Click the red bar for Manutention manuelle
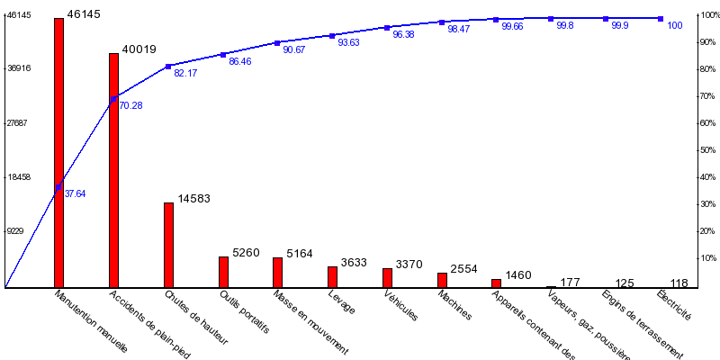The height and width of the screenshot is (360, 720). (58, 153)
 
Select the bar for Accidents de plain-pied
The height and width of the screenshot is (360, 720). (113, 170)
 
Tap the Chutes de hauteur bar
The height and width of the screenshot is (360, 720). (168, 245)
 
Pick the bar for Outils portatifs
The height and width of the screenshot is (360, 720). (223, 272)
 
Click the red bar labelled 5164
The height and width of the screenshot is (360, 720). (277, 273)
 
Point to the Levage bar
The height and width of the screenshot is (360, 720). (332, 277)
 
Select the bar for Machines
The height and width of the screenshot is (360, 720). (442, 280)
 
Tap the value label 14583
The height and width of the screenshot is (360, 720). (193, 199)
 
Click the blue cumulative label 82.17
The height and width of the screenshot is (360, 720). (185, 74)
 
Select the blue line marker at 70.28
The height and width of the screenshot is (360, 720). (113, 99)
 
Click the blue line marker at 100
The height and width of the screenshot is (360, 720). (661, 18)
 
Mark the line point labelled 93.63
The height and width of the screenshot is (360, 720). (332, 35)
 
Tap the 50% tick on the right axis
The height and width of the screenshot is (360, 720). (707, 150)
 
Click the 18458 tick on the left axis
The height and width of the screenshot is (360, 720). (19, 177)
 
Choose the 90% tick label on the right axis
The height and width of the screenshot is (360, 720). (707, 42)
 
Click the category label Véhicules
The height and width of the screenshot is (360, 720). (401, 305)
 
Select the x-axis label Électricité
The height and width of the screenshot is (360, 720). (674, 305)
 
